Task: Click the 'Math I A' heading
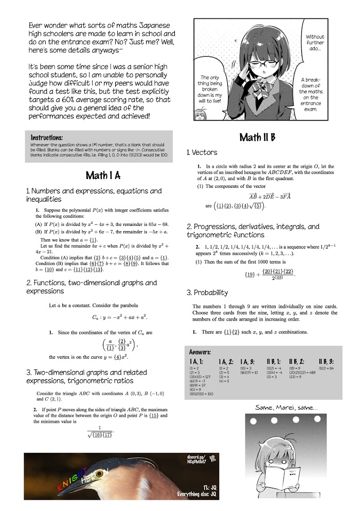coord(103,175)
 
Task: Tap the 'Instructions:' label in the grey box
coord(47,138)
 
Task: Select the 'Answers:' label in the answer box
coord(200,352)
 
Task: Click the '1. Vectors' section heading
coord(202,152)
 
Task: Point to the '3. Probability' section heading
coord(207,292)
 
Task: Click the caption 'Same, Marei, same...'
coord(286,408)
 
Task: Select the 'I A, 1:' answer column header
coord(197,362)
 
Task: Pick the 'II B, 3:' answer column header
coord(326,362)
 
